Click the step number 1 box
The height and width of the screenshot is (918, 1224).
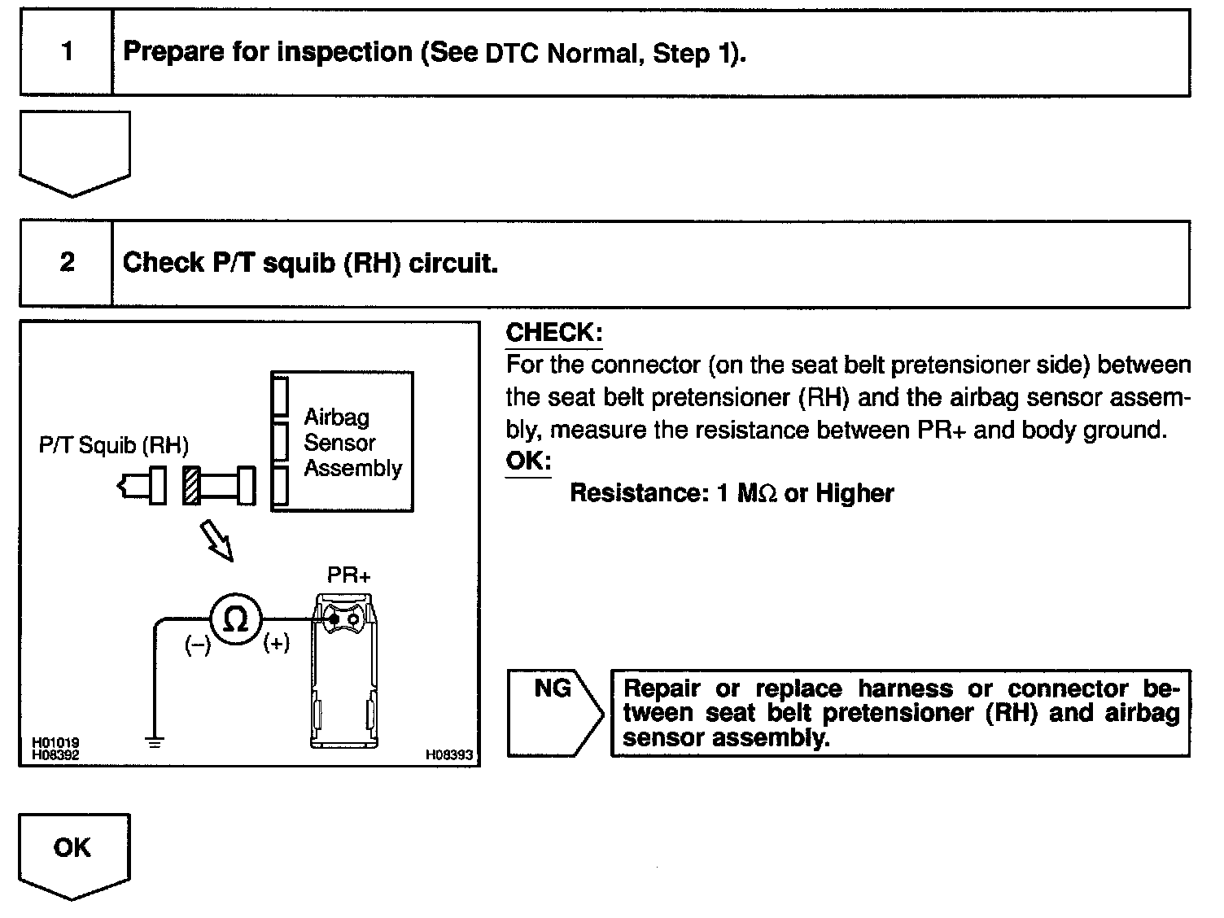coord(66,52)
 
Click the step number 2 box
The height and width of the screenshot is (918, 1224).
coord(66,262)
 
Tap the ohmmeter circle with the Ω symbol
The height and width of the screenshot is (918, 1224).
coord(236,621)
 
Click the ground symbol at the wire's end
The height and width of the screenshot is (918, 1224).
coord(154,741)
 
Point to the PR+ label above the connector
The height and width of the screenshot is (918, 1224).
coord(348,576)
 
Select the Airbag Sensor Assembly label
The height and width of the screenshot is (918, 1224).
coord(352,443)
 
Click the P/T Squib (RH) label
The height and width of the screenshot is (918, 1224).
coord(114,446)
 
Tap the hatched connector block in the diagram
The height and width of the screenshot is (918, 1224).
coord(191,486)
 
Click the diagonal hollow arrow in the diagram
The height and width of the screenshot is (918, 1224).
coord(218,543)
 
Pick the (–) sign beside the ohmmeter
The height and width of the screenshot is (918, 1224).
coord(197,646)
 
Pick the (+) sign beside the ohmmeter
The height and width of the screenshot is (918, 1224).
coord(276,644)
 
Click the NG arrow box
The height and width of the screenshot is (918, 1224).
coord(553,713)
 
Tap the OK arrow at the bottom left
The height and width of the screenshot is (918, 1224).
coord(73,853)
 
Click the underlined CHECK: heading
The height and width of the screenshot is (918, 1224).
coord(553,332)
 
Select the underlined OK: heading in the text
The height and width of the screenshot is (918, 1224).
coord(528,461)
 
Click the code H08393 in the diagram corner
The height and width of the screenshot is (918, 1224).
coord(448,755)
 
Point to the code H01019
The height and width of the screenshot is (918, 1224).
coord(55,743)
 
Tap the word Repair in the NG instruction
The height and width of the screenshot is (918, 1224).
coord(662,688)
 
